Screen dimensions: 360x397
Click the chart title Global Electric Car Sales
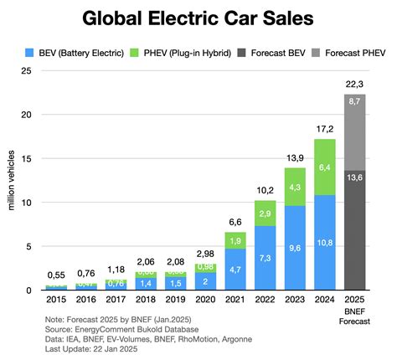(x=198, y=18)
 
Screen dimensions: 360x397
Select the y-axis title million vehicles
(x=10, y=181)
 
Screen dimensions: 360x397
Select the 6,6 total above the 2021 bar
(x=236, y=221)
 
